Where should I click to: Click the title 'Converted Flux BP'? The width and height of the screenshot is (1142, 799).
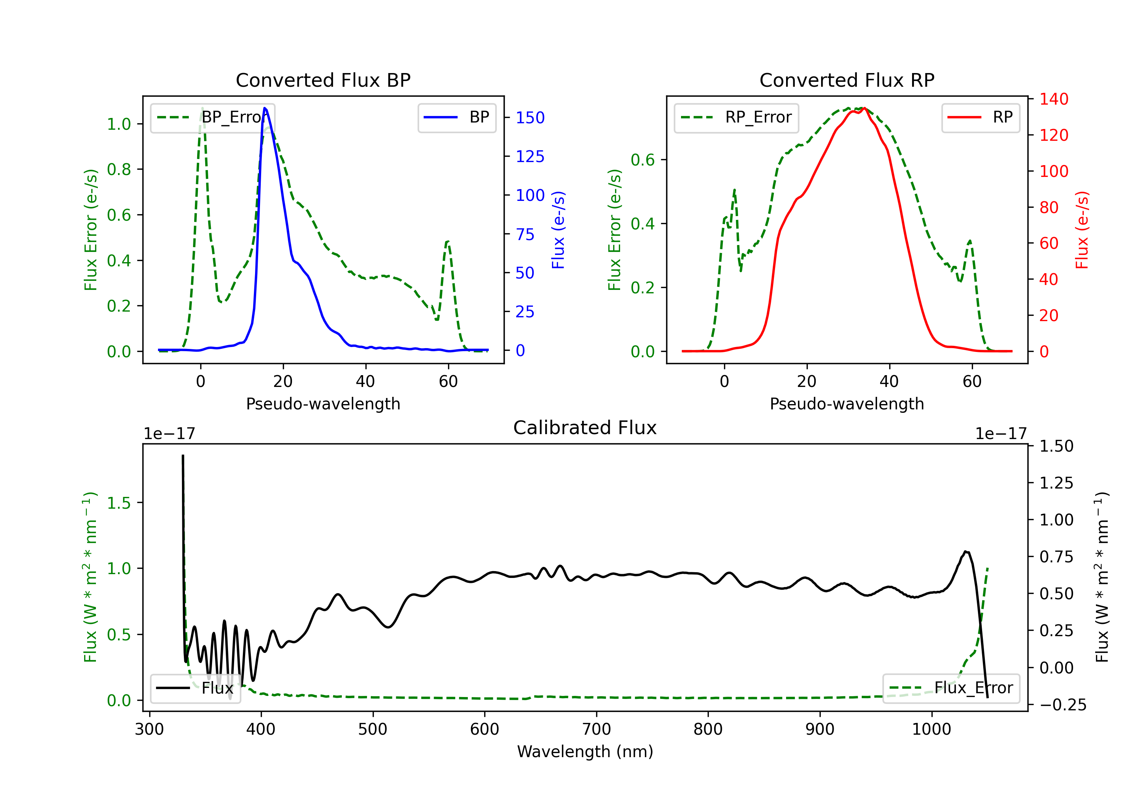[323, 80]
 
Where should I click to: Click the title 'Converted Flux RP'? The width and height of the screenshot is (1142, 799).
[847, 80]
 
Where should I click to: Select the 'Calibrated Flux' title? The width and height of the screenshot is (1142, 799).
[585, 428]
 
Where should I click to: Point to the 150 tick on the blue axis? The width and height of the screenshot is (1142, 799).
[530, 118]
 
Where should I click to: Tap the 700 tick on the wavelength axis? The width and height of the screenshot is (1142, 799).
[597, 729]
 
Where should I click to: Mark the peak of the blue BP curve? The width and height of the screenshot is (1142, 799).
[265, 108]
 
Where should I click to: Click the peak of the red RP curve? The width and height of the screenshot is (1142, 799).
[864, 108]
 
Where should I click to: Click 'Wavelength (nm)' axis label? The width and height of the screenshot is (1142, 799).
[585, 751]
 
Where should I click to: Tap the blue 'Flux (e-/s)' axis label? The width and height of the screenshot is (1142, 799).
[558, 230]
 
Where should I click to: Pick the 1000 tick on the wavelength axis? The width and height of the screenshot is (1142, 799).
[931, 729]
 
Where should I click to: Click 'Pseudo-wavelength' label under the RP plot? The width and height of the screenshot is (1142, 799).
[847, 404]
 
